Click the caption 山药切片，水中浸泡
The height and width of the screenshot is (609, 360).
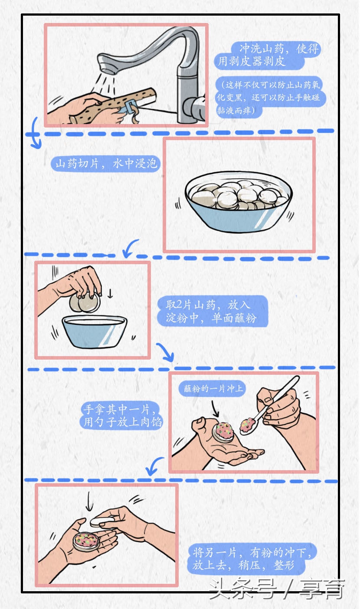(106, 164)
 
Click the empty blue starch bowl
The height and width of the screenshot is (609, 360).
(94, 331)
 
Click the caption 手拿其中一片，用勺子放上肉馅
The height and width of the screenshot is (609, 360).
(122, 415)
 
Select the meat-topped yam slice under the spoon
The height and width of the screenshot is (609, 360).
(223, 432)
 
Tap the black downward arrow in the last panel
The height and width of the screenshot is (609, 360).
(89, 501)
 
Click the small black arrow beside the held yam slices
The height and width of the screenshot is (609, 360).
(109, 294)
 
